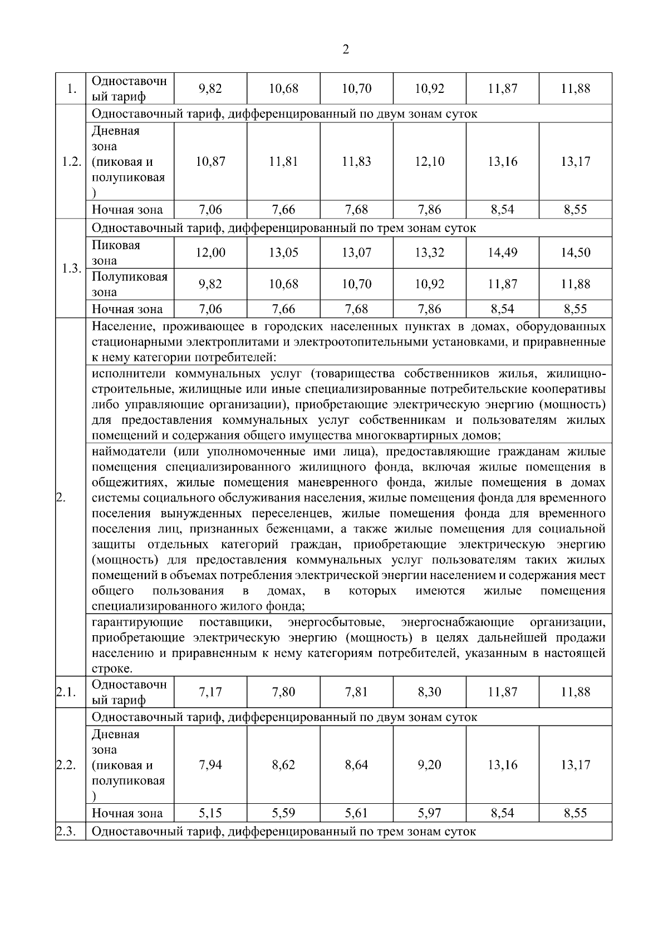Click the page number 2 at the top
346,51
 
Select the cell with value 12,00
210,253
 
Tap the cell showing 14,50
575,253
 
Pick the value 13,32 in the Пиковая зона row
429,253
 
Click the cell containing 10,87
210,162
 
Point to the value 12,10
429,162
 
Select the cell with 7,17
210,692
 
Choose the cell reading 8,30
429,692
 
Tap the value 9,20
429,765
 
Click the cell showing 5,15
210,813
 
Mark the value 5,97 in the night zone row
429,813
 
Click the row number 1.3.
71,269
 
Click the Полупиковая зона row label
129,284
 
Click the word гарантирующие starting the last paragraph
137,622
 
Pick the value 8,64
356,765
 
